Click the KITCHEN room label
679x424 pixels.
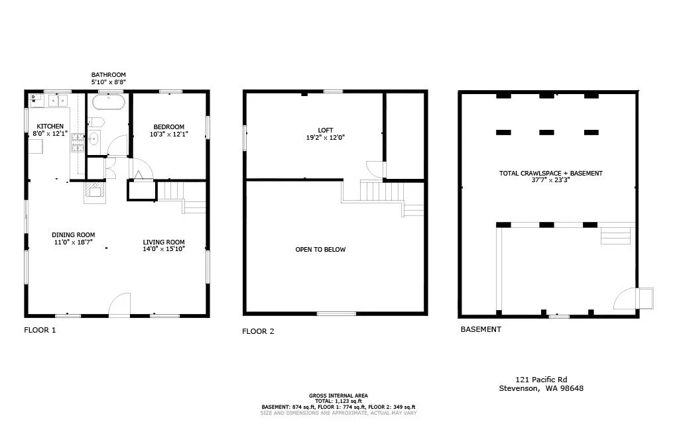(50, 126)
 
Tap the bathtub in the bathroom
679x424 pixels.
(108, 102)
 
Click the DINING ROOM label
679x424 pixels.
(73, 235)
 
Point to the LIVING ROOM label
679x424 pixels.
(164, 242)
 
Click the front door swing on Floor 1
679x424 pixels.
(119, 304)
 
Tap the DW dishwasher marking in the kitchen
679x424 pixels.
(34, 100)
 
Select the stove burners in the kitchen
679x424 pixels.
(78, 139)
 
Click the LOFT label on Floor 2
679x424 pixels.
(325, 130)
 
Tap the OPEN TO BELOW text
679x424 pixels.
(320, 250)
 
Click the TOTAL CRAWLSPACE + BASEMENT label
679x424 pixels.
(550, 174)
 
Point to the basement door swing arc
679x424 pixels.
(624, 299)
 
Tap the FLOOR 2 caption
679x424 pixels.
(258, 331)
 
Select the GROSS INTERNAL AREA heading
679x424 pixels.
(338, 395)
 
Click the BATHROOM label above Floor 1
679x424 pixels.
(108, 75)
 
